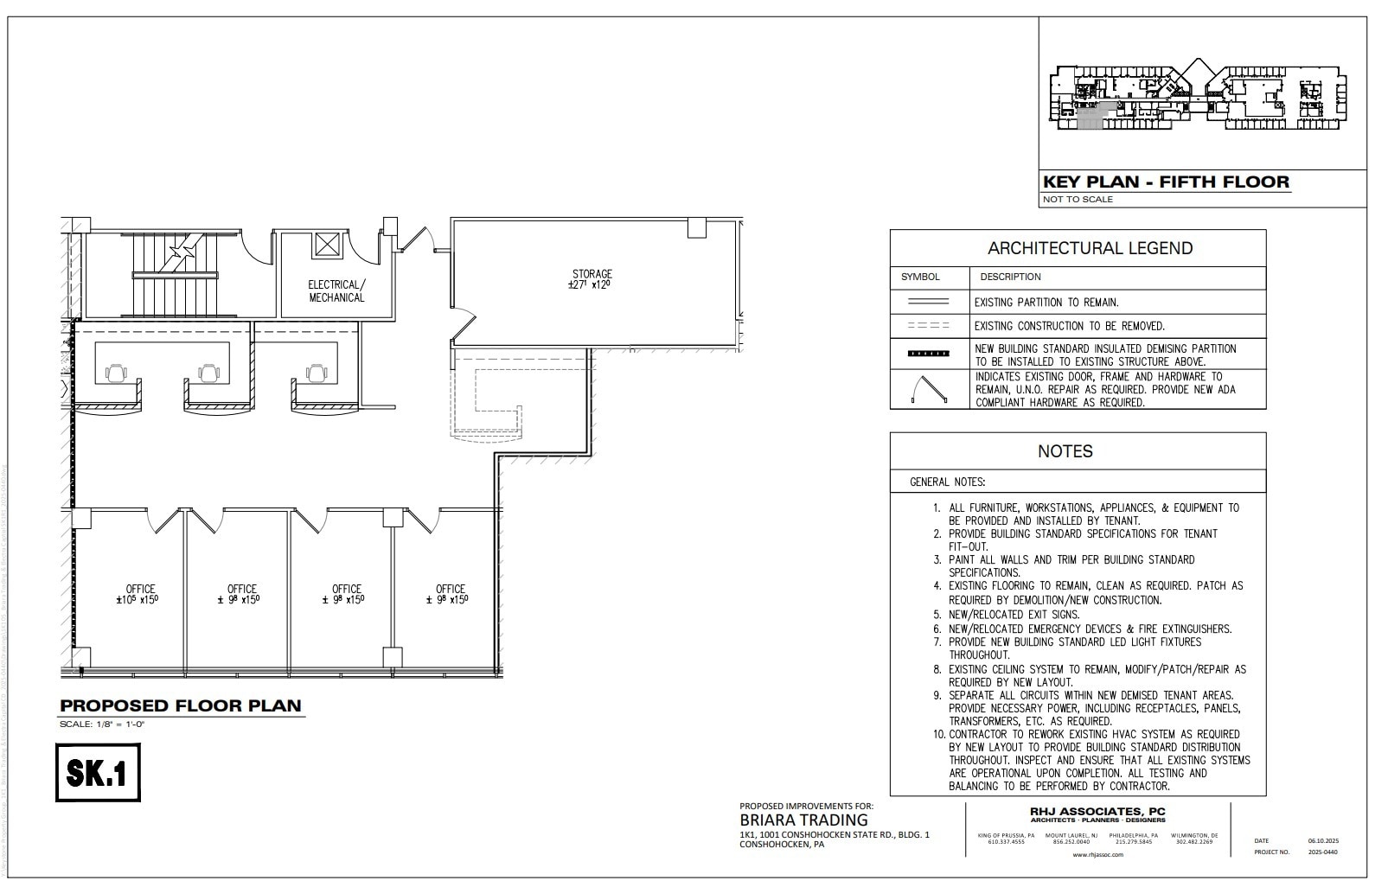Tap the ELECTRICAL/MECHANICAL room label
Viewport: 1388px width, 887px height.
pyautogui.click(x=336, y=290)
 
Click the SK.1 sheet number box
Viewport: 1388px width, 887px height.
pyautogui.click(x=99, y=772)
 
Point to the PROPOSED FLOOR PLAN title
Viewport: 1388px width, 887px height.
pyautogui.click(x=181, y=705)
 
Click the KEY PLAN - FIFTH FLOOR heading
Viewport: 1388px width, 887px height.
pyautogui.click(x=1165, y=182)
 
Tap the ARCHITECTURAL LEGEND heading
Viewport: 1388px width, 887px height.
pyautogui.click(x=1090, y=248)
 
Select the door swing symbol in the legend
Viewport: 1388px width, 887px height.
pyautogui.click(x=929, y=390)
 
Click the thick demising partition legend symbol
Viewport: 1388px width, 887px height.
pyautogui.click(x=928, y=354)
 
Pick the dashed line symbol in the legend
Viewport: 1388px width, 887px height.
pyautogui.click(x=928, y=326)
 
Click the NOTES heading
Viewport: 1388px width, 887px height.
pyautogui.click(x=1065, y=451)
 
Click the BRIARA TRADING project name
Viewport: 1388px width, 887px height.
pyautogui.click(x=803, y=820)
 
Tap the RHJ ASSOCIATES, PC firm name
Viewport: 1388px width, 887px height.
pyautogui.click(x=1097, y=811)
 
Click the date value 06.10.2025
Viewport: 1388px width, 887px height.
pyautogui.click(x=1322, y=840)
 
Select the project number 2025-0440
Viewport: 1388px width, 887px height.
pyautogui.click(x=1322, y=852)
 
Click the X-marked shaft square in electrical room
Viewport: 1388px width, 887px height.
pyautogui.click(x=329, y=245)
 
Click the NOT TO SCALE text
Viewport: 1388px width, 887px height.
pyautogui.click(x=1078, y=200)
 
